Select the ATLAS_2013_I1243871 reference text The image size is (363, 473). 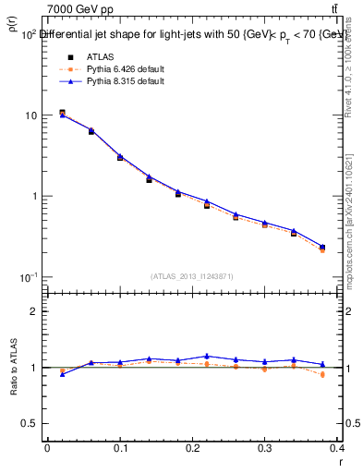(193, 276)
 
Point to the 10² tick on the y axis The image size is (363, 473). (28, 34)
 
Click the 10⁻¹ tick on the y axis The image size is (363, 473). (28, 277)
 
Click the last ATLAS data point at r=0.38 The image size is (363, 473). (322, 248)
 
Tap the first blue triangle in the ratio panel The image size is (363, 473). (63, 374)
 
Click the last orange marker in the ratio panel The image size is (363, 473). (322, 375)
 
